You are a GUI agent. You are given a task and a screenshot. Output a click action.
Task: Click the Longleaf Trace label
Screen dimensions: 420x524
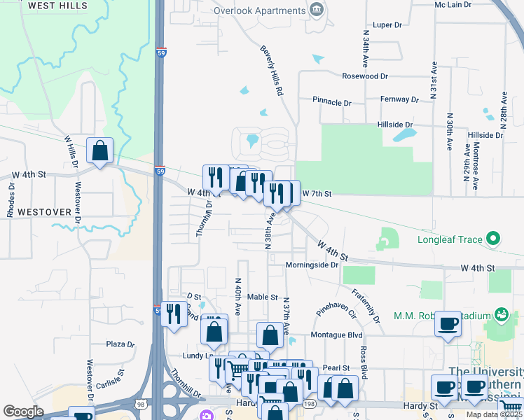450,240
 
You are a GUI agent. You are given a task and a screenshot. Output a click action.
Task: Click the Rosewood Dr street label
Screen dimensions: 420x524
364,76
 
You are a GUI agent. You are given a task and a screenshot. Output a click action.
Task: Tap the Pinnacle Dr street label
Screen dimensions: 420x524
331,102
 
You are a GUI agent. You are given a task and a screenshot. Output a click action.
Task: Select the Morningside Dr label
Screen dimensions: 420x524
312,265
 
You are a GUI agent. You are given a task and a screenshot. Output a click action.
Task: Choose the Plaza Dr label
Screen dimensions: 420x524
120,344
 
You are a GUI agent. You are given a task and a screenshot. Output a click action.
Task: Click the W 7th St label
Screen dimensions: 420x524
315,192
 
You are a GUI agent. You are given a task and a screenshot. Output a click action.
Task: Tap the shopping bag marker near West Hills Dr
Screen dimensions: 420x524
100,150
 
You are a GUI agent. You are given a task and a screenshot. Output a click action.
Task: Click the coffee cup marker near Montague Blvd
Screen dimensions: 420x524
448,324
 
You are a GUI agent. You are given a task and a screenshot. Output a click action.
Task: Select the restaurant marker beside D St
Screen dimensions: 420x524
174,314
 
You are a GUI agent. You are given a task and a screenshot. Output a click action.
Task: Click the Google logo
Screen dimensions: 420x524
23,412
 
